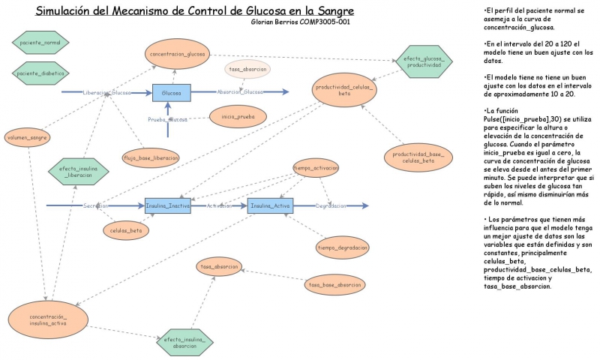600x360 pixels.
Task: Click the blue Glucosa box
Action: (x=171, y=93)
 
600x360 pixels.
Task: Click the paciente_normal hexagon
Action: (x=41, y=42)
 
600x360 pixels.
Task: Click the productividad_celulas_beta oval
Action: (x=345, y=91)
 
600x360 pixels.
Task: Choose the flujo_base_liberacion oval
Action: (x=151, y=157)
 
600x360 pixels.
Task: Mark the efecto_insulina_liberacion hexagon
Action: (x=78, y=172)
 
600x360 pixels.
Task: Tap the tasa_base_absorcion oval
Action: (x=334, y=284)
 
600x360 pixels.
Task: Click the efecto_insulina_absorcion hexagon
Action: (x=184, y=343)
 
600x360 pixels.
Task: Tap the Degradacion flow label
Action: (x=331, y=205)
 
